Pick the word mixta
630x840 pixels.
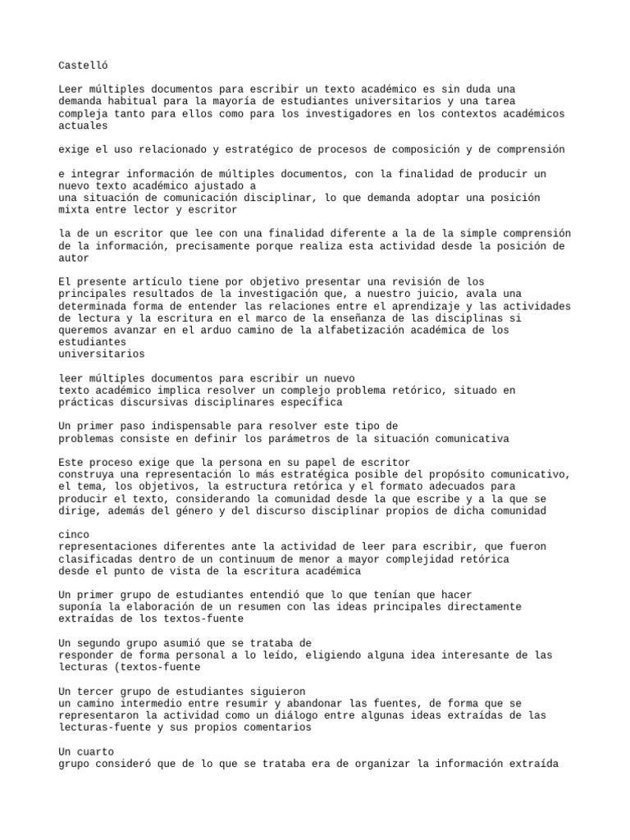tap(75, 210)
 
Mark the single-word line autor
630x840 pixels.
tap(75, 258)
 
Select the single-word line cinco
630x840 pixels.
tap(75, 535)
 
